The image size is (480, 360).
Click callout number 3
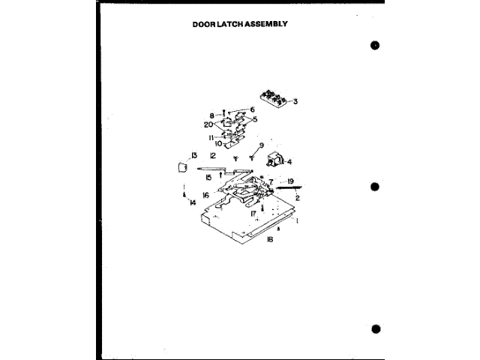(x=295, y=100)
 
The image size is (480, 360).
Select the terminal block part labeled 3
(x=273, y=97)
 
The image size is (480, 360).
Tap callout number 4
(x=289, y=161)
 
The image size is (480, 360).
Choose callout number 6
(x=252, y=109)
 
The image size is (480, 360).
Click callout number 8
(x=211, y=115)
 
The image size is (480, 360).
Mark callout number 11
(x=212, y=137)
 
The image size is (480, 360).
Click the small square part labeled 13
(x=181, y=166)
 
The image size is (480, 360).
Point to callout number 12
(x=213, y=155)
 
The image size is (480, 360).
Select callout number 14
(x=193, y=203)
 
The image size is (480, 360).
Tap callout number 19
(x=289, y=181)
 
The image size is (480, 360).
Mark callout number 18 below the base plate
(x=268, y=239)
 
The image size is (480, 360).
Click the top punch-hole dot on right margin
(x=375, y=45)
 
